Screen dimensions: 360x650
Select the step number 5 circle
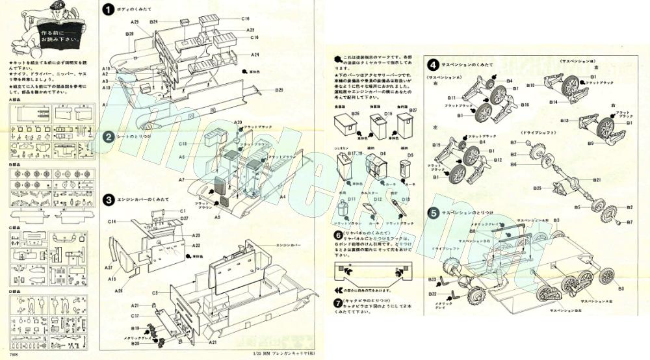(432, 212)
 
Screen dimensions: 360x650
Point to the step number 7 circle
(338, 303)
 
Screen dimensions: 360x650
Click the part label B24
(154, 22)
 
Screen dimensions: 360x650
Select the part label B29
(279, 89)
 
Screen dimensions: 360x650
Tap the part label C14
(114, 222)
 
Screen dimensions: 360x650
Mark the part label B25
(538, 188)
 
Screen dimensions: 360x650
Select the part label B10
(530, 84)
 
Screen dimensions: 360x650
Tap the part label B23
(431, 279)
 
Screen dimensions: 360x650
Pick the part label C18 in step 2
(183, 144)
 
